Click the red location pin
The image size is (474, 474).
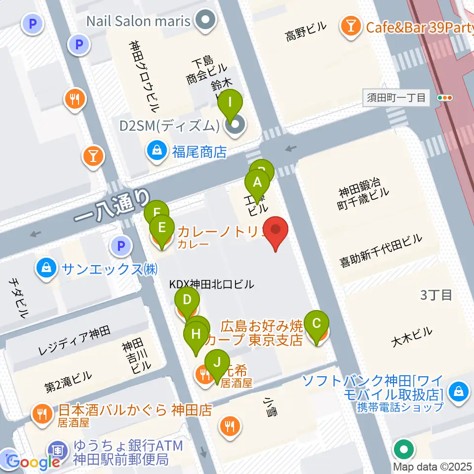point(276,231)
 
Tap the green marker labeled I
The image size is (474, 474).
point(230,105)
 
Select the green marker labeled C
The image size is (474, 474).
point(317,324)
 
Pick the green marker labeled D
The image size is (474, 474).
point(187,301)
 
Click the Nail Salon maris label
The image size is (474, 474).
point(138,21)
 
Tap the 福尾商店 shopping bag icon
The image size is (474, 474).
point(157,150)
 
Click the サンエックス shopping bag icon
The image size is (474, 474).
point(45,269)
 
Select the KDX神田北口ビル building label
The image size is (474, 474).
point(212,284)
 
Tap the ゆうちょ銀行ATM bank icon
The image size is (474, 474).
point(58,450)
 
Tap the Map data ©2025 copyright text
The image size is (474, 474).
point(433,467)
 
